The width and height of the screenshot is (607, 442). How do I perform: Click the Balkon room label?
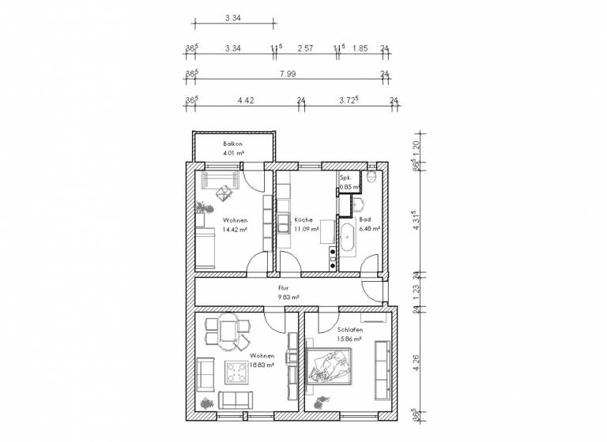click(x=232, y=144)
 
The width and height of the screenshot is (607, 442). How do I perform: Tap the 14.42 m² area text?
click(x=235, y=230)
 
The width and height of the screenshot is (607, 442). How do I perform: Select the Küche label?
click(x=303, y=220)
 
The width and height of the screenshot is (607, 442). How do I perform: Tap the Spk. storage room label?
click(x=345, y=178)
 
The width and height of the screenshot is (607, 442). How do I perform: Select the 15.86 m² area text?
click(x=349, y=339)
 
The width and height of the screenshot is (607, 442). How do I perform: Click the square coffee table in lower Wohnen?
click(x=237, y=370)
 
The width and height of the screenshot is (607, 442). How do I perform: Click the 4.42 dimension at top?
click(x=246, y=100)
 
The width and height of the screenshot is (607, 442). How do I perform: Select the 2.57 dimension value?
click(x=305, y=48)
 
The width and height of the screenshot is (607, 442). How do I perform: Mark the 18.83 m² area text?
click(x=262, y=365)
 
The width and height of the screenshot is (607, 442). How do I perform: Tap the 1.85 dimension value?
click(x=360, y=48)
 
